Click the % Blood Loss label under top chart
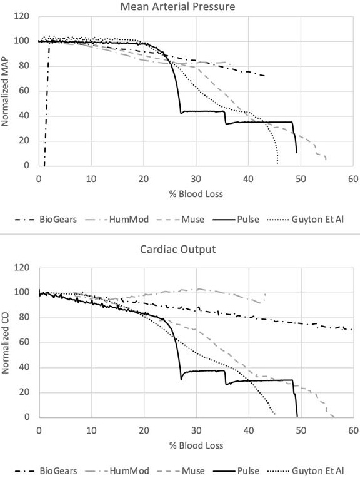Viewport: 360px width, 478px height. pyautogui.click(x=196, y=193)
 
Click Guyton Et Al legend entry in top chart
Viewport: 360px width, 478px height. pyautogui.click(x=319, y=220)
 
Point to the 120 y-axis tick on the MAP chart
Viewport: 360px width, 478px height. pyautogui.click(x=24, y=16)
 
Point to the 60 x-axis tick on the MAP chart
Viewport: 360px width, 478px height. pyautogui.click(x=353, y=178)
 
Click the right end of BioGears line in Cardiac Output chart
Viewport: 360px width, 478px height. pyautogui.click(x=352, y=329)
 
